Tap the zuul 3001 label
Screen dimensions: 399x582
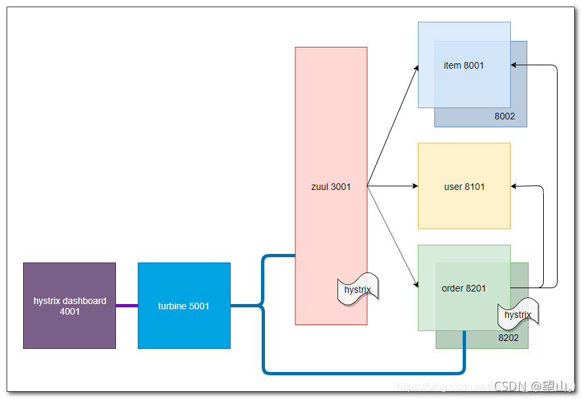331,187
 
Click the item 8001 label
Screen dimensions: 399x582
463,65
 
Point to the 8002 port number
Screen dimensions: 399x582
504,117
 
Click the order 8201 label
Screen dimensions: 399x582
463,288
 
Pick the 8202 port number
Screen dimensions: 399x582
508,338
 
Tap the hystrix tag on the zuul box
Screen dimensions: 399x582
358,290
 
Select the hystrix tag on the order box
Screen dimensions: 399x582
517,315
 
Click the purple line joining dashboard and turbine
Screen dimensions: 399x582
127,305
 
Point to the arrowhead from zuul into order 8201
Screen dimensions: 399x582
416,286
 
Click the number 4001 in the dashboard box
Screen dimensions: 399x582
69,311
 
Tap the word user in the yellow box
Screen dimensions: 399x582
453,187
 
